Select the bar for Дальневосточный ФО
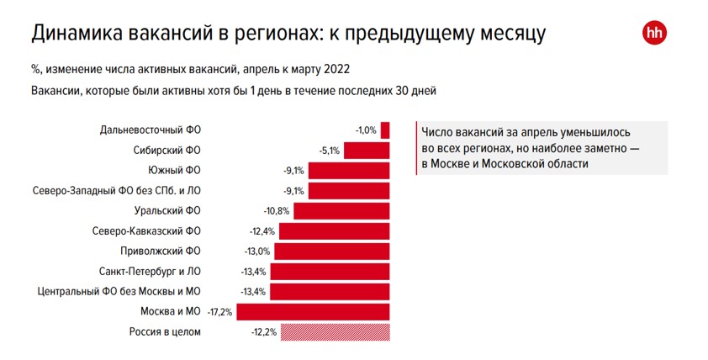pyautogui.click(x=385, y=130)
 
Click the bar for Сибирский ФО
pyautogui.click(x=367, y=151)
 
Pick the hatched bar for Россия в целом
pyautogui.click(x=335, y=332)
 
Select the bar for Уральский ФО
pyautogui.click(x=341, y=211)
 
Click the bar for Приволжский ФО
pyautogui.click(x=332, y=251)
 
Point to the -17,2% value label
pyautogui.click(x=219, y=312)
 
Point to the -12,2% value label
pyautogui.click(x=263, y=332)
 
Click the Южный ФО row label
pyautogui.click(x=179, y=171)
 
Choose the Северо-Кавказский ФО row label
pyautogui.click(x=148, y=231)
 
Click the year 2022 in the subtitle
pyautogui.click(x=334, y=69)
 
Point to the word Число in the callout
pyautogui.click(x=441, y=133)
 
